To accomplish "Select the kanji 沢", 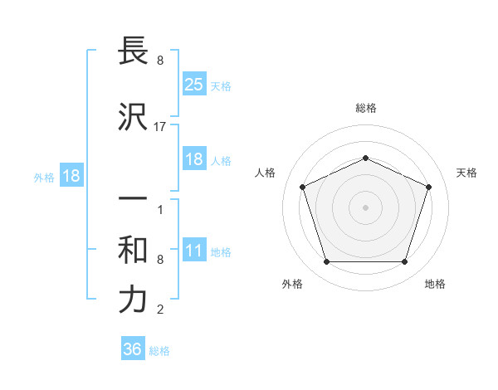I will coord(133,119).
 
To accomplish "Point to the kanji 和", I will coord(133,250).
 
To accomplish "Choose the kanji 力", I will coord(133,300).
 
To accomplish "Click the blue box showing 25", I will coord(193,84).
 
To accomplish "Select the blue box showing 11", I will coord(193,251).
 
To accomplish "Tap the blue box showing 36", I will coord(133,349).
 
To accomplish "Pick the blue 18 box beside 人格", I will coord(193,159).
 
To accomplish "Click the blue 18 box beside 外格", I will coord(71,176).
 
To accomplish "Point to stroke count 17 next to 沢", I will coord(160,127).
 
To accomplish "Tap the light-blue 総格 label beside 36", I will coord(159,351).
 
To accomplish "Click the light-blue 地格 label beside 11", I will coord(221,252).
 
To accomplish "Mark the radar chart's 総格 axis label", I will coord(365,108).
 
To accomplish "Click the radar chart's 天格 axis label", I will coord(466,173).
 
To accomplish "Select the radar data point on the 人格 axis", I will coord(302,187).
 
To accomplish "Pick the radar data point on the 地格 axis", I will coord(404,262).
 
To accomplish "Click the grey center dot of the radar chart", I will coord(365,207).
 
